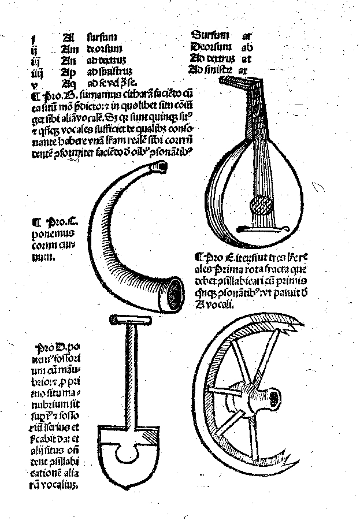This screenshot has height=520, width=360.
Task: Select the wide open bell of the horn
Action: coord(173,295)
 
